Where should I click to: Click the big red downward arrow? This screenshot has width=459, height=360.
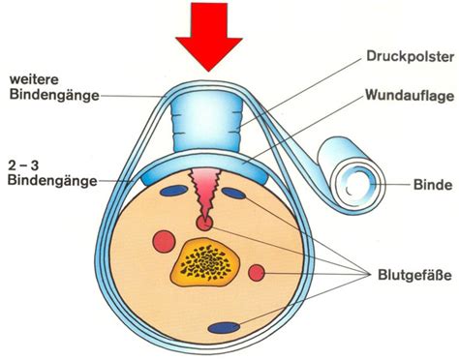tap(208, 36)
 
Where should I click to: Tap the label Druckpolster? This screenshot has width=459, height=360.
tap(411, 57)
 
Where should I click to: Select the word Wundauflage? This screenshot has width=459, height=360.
tap(410, 96)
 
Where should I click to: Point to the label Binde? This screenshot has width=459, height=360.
tap(433, 185)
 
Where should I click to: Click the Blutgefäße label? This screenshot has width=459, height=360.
tap(414, 276)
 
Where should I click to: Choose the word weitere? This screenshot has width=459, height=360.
tap(34, 79)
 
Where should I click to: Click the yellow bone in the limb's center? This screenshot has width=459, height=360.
tap(205, 261)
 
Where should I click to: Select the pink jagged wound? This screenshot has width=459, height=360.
tap(205, 194)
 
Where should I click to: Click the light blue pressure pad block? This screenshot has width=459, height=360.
tap(205, 125)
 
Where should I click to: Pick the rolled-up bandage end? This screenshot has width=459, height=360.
tap(352, 176)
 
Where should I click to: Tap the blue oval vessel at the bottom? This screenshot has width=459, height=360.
tap(224, 328)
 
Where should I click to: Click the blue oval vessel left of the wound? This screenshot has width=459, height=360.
tap(174, 191)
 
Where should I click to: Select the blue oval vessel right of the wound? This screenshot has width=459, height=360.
tap(233, 194)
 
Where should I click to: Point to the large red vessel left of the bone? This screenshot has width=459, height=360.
tap(164, 242)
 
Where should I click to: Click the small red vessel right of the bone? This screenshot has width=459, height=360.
tap(257, 273)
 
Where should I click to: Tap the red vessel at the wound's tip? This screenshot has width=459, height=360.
tap(204, 224)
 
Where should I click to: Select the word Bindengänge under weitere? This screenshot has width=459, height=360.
tap(54, 95)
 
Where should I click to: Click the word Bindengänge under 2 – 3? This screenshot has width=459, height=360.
tap(52, 180)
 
